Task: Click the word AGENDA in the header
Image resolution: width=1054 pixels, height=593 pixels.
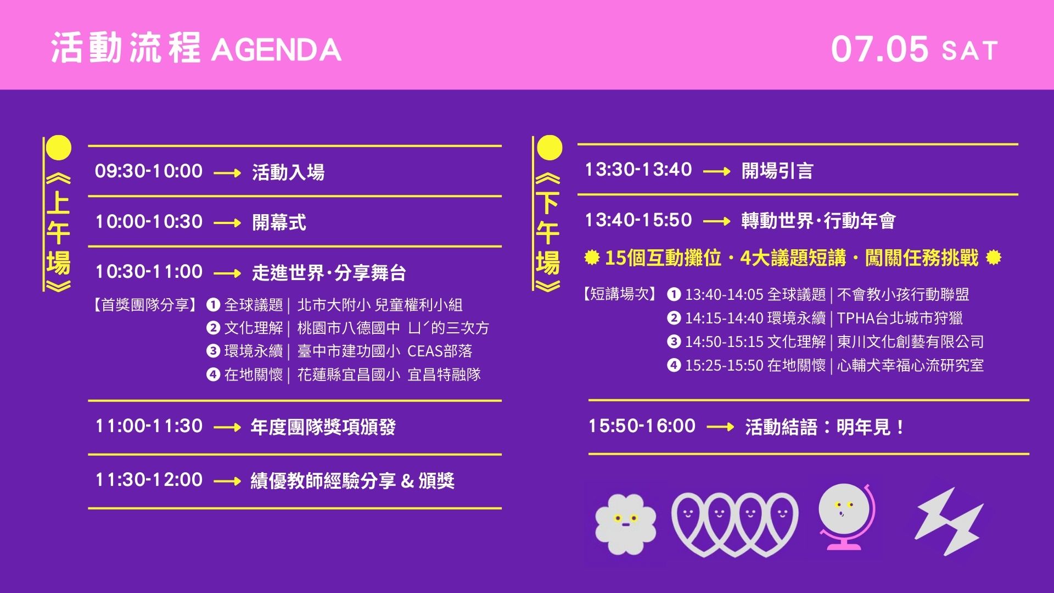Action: point(276,50)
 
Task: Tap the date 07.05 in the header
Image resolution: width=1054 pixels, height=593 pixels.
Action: point(879,49)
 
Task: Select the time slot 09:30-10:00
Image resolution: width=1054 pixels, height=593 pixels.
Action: point(149,171)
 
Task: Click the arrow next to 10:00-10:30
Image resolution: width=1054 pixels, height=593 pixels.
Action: point(227,223)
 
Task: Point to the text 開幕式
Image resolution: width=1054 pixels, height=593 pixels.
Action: point(279,222)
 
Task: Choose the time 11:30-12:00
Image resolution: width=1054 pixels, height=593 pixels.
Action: point(149,479)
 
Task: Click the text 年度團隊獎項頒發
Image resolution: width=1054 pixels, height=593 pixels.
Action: point(323,427)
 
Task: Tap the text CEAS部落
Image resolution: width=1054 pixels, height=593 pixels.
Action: point(440,351)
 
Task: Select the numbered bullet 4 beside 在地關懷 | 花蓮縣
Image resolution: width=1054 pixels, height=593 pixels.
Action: point(213,374)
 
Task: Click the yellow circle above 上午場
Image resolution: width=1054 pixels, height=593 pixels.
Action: point(58,148)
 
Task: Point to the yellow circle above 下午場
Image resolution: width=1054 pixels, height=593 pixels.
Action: point(549,148)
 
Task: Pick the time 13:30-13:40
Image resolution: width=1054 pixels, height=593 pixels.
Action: point(638,169)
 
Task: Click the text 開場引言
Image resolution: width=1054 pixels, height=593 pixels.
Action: point(777,171)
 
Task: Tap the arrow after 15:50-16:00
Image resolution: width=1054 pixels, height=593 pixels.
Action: point(720,427)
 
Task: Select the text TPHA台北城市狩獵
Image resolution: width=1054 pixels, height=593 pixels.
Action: point(900,318)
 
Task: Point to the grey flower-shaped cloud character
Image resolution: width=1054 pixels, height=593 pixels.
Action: point(626,524)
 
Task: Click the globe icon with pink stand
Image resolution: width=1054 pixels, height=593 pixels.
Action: point(845,516)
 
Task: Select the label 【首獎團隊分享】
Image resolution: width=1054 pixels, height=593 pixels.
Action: point(144,305)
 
